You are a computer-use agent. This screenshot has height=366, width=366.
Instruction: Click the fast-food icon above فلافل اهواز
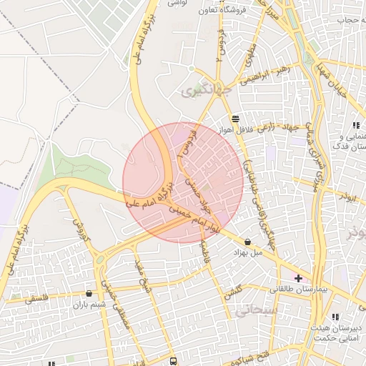pos(235,119)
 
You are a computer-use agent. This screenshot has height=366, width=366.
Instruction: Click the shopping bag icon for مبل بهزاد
pos(247,242)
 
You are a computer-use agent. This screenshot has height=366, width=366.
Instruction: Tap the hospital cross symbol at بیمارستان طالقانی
pos(298,277)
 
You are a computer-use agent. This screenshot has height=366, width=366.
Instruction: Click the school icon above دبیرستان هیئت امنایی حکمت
pos(335,317)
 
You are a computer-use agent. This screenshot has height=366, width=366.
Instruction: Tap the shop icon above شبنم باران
pos(89,293)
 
